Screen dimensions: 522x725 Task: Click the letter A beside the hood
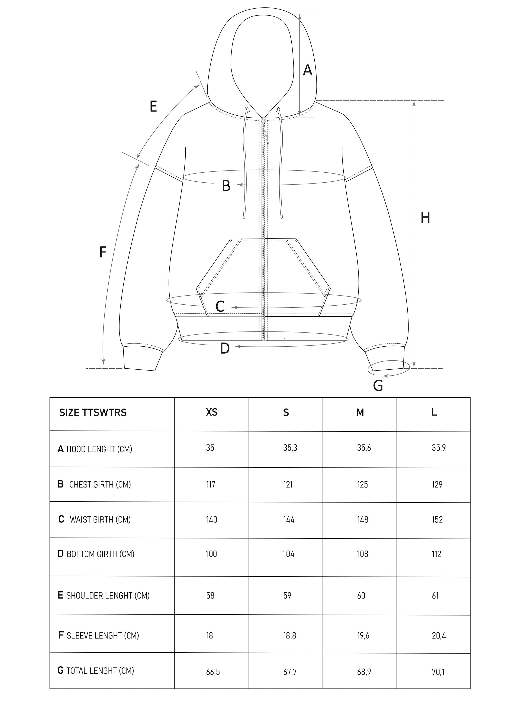tap(307, 70)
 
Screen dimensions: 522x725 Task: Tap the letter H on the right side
tap(425, 217)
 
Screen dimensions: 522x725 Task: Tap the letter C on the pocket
tap(220, 306)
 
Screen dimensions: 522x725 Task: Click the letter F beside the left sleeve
tap(102, 252)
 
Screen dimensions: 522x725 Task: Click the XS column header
tap(212, 412)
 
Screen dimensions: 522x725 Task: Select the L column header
tap(434, 412)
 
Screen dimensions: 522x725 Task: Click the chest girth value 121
tap(288, 485)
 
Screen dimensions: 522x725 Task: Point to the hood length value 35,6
tap(364, 448)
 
